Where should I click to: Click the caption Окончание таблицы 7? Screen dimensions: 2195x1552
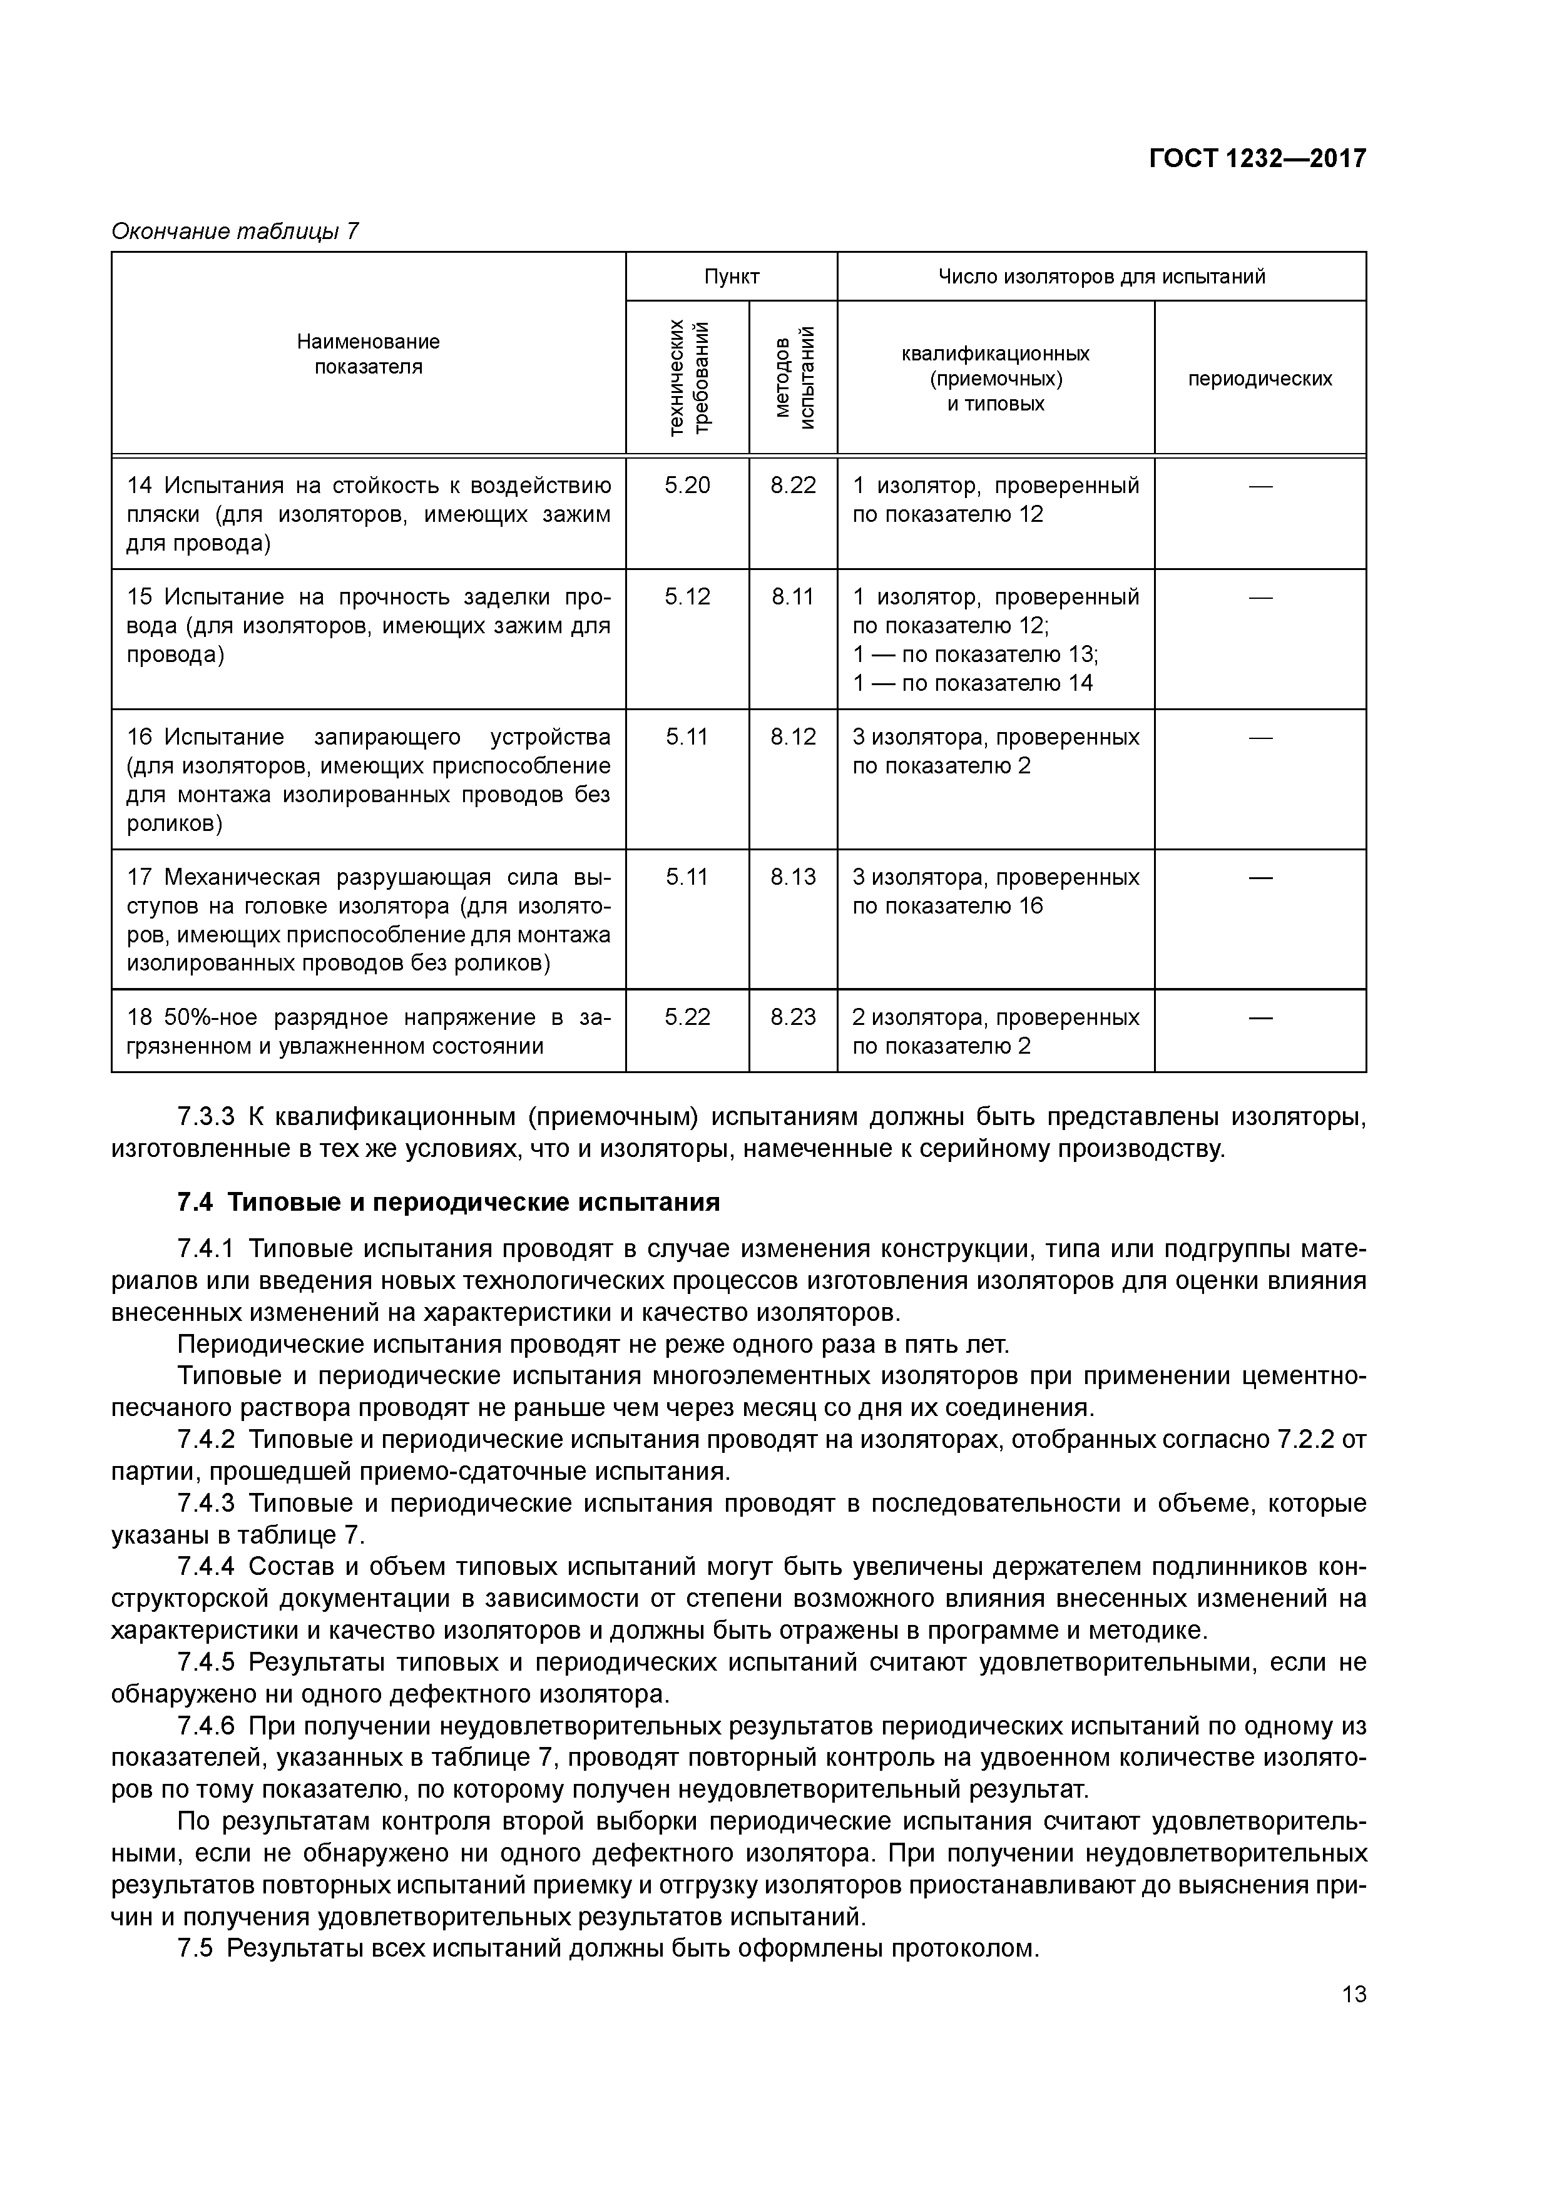(x=235, y=232)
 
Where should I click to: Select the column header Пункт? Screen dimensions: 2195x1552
(x=732, y=277)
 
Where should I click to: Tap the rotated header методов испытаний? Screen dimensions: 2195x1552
(x=794, y=378)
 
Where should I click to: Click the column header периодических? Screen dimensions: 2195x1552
(x=1259, y=379)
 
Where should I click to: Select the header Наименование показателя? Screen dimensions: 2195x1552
(x=368, y=354)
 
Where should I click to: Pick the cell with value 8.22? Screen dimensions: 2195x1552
(x=793, y=486)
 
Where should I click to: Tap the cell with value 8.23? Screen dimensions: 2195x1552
(x=793, y=1017)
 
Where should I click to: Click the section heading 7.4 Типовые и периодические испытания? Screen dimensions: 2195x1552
(x=449, y=1203)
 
